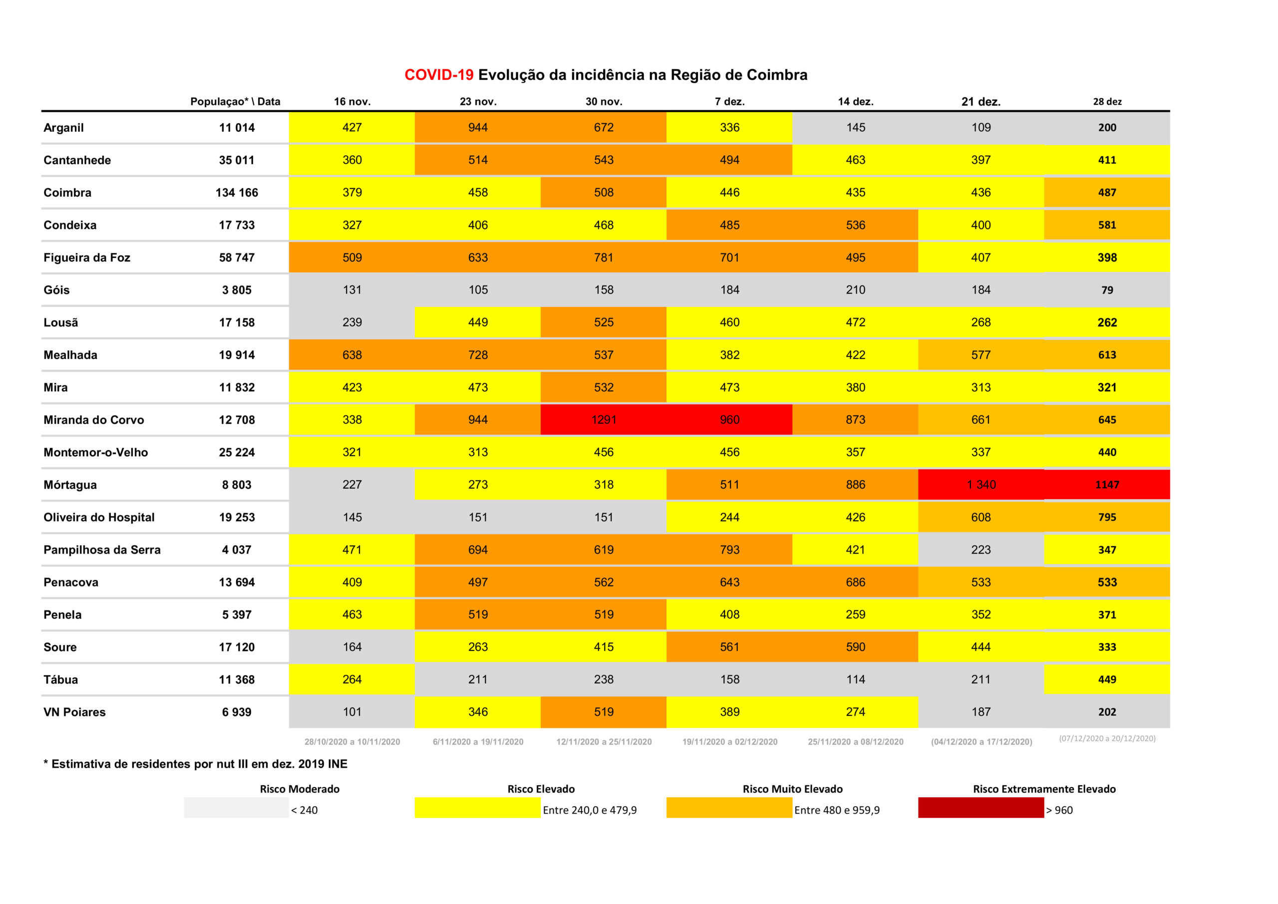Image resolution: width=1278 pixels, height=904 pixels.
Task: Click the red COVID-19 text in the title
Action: pos(439,75)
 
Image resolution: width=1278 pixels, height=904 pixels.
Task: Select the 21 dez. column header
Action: pos(981,102)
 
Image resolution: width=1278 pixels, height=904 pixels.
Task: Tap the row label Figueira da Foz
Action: pos(87,258)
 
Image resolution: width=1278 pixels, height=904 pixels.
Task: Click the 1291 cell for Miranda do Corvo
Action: pos(604,420)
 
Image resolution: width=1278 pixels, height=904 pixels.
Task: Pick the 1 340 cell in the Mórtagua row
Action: pos(981,485)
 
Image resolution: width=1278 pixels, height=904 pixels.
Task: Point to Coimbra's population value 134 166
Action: pos(237,193)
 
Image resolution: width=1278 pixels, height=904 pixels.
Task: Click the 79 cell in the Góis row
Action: pos(1107,290)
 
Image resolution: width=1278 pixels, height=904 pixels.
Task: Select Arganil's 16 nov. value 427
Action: pos(352,127)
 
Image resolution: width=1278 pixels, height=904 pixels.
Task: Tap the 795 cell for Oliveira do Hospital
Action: pos(1107,517)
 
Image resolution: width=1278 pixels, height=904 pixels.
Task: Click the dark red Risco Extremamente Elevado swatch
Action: pos(981,808)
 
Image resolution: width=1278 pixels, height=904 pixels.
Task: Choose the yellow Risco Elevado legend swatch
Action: pos(478,808)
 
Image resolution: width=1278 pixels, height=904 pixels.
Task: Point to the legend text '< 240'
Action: pos(305,810)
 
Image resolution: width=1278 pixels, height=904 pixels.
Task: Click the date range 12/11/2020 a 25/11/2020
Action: pos(604,741)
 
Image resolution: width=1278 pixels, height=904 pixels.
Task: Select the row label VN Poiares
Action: pos(74,712)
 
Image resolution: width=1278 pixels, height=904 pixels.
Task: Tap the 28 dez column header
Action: pos(1107,101)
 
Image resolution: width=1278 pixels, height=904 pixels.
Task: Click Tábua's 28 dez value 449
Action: pos(1107,680)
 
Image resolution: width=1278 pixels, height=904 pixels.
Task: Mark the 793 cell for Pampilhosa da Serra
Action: pos(729,550)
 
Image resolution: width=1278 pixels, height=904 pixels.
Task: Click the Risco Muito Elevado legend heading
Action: pos(793,789)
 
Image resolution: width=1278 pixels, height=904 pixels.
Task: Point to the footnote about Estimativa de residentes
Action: pos(195,764)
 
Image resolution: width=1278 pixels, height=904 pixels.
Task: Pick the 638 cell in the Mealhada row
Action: pos(352,355)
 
